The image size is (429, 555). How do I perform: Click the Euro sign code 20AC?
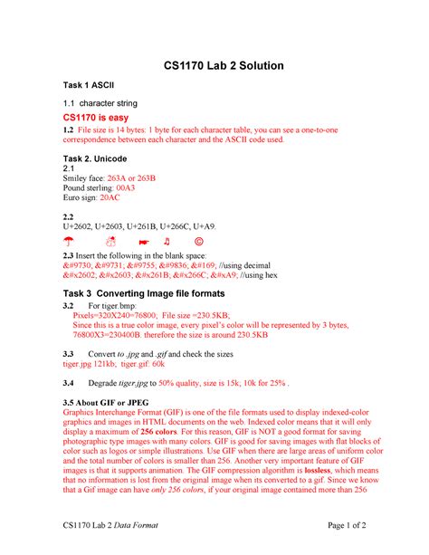(x=109, y=196)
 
